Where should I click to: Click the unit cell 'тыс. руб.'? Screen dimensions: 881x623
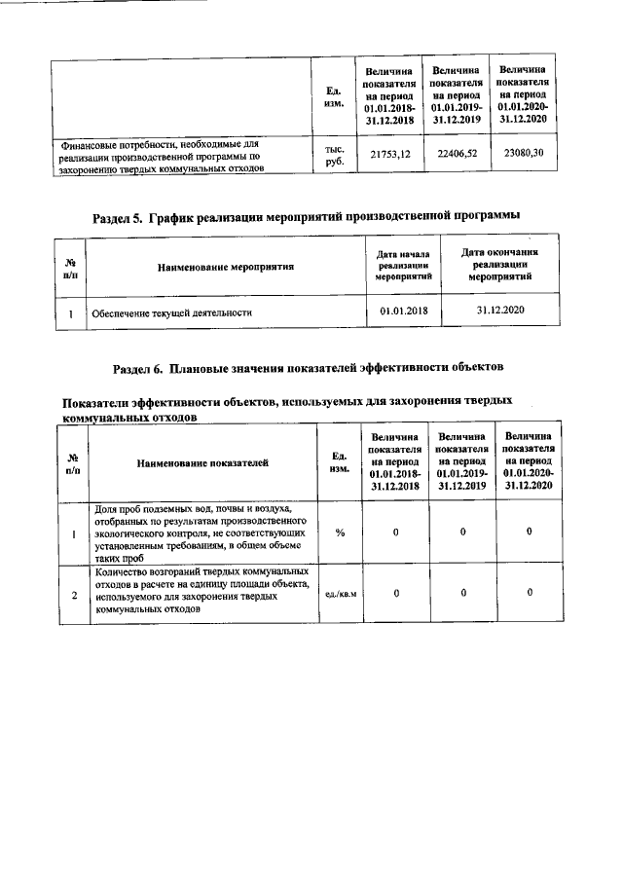point(334,156)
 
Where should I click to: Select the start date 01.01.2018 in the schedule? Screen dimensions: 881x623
point(402,312)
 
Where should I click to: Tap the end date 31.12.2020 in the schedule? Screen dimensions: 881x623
point(500,311)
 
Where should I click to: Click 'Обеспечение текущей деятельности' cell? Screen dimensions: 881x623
point(171,314)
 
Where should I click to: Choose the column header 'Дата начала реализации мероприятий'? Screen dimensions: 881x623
point(402,265)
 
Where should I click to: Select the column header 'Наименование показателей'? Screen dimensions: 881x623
point(202,463)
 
